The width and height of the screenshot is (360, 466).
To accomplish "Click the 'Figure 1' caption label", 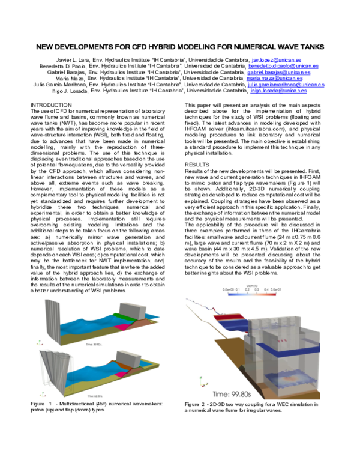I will coord(43,402).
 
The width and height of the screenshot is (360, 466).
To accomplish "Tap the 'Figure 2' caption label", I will coord(197,404).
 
